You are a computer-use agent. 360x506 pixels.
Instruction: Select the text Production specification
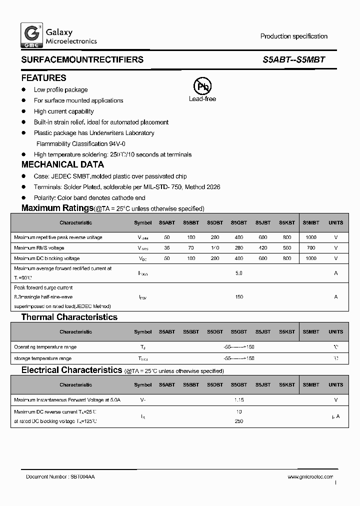pyautogui.click(x=293, y=36)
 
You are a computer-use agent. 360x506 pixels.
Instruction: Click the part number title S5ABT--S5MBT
pyautogui.click(x=293, y=59)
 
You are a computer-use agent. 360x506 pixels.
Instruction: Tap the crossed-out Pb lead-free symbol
pyautogui.click(x=202, y=86)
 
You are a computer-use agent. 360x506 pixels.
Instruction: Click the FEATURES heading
pyautogui.click(x=43, y=78)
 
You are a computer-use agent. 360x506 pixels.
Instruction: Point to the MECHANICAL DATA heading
pyautogui.click(x=62, y=164)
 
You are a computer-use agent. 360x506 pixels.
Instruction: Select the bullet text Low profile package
pyautogui.click(x=60, y=90)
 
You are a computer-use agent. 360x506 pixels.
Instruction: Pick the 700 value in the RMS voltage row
pyautogui.click(x=310, y=248)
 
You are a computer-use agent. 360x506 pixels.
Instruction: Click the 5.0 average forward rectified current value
pyautogui.click(x=238, y=273)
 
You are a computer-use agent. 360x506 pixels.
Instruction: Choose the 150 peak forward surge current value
pyautogui.click(x=238, y=297)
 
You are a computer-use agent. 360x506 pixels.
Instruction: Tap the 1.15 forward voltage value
pyautogui.click(x=238, y=400)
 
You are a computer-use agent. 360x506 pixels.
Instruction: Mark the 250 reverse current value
pyautogui.click(x=238, y=421)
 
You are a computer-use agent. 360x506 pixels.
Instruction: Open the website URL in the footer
pyautogui.click(x=310, y=477)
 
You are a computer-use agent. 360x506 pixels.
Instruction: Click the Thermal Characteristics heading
pyautogui.click(x=69, y=317)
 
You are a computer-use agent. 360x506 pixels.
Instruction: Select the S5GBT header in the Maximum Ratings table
pyautogui.click(x=238, y=222)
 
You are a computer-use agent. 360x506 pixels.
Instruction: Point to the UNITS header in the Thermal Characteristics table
pyautogui.click(x=335, y=332)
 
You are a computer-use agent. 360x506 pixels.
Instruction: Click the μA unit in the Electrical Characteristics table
pyautogui.click(x=335, y=416)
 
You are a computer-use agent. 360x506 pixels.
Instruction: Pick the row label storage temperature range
pyautogui.click(x=42, y=358)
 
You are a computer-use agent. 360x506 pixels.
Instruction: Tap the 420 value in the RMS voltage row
pyautogui.click(x=263, y=248)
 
